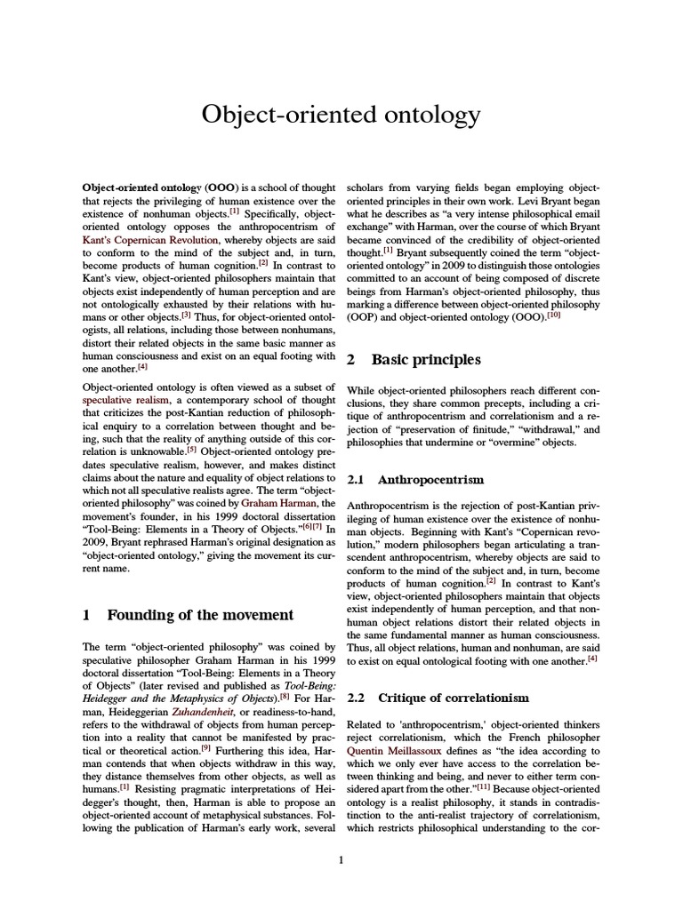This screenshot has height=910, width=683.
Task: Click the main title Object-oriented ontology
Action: (341, 115)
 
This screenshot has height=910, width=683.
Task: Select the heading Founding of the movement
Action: (200, 614)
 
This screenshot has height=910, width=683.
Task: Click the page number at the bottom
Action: (341, 858)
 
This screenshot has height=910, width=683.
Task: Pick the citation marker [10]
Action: (553, 315)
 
